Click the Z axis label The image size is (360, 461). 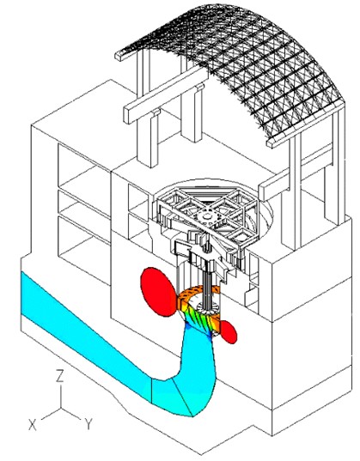pos(60,376)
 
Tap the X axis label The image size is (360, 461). pos(33,425)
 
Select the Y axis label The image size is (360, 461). pos(88,424)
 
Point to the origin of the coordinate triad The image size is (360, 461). pos(61,408)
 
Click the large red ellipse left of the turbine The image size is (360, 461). pos(158,292)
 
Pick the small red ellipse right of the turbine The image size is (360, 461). pos(229,332)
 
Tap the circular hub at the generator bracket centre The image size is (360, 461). pos(208,217)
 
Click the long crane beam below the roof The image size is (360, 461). pos(166,95)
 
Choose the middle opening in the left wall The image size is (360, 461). pos(84,209)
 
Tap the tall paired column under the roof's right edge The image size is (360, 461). pos(296,194)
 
